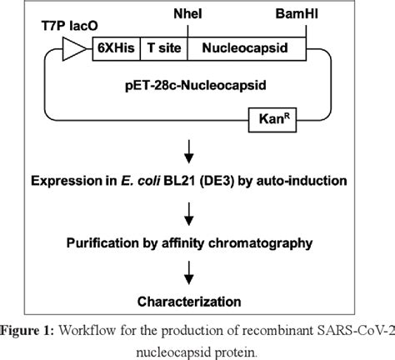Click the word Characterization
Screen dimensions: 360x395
(197, 300)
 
